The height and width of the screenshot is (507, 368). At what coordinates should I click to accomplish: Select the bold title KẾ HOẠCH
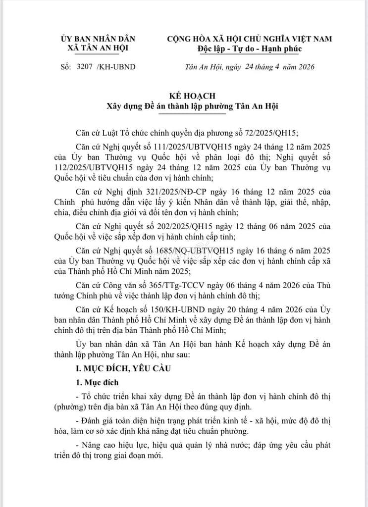point(184,95)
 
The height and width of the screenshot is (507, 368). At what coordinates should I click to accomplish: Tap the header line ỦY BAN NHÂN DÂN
point(98,39)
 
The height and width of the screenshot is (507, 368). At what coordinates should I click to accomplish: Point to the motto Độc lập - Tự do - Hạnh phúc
point(248,49)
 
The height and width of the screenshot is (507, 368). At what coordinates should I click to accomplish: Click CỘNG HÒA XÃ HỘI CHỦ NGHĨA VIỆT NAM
point(249,39)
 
